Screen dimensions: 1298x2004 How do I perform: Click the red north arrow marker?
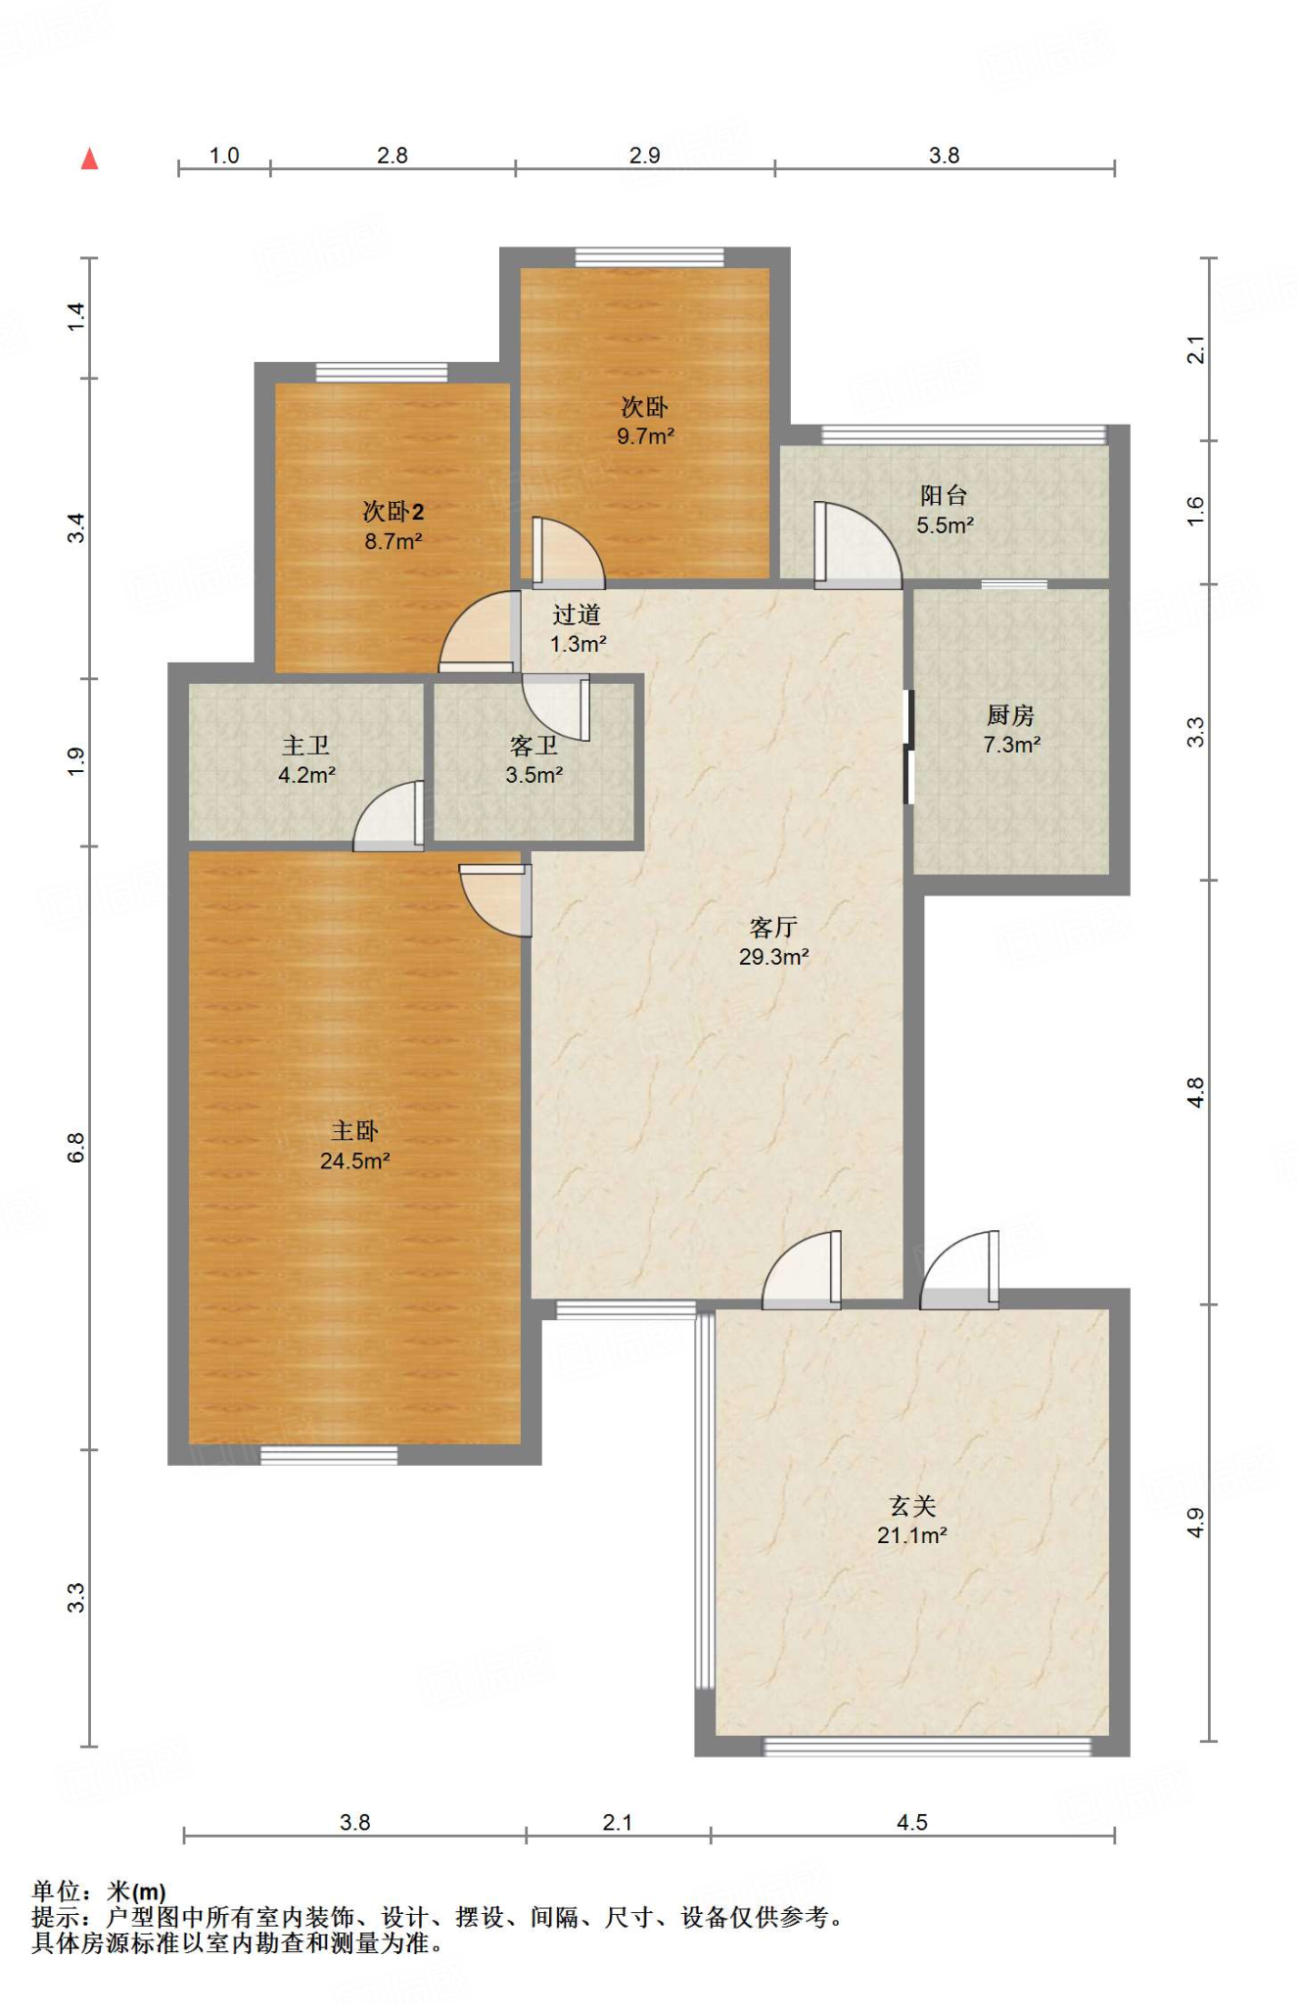(89, 158)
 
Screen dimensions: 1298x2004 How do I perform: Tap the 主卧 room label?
(354, 1131)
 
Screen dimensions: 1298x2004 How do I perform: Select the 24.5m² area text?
(355, 1161)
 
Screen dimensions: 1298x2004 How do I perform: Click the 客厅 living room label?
(773, 927)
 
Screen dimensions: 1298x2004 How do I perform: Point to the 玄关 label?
(912, 1506)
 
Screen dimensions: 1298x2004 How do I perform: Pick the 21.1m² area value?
(912, 1535)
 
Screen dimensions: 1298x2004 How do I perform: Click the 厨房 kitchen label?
(1010, 715)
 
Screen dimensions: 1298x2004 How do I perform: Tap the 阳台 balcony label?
(944, 495)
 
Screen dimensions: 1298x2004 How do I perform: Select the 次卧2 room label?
(394, 511)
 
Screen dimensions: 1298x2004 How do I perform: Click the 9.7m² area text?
(645, 436)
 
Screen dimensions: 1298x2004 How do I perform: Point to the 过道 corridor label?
(577, 615)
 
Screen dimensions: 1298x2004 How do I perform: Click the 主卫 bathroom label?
(306, 746)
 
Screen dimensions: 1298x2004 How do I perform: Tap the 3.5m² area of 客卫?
(533, 776)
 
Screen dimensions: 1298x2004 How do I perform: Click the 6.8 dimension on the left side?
(76, 1148)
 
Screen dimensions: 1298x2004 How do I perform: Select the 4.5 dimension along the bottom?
(912, 1822)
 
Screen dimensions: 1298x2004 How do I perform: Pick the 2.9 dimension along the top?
(645, 156)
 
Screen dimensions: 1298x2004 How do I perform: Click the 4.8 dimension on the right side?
(1195, 1092)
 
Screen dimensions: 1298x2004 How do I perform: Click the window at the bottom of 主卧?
(329, 1455)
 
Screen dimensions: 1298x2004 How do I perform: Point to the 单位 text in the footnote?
(55, 1891)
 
